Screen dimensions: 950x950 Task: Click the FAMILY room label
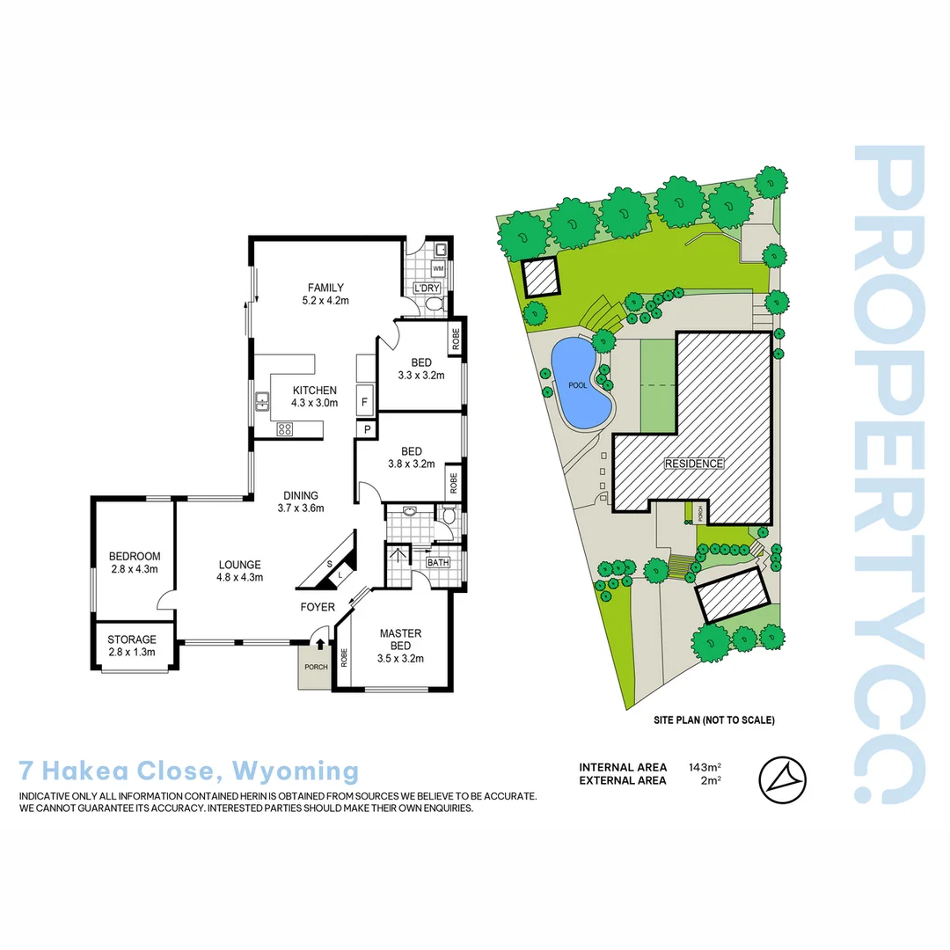pyautogui.click(x=325, y=294)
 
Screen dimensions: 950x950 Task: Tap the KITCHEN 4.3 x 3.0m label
pyautogui.click(x=314, y=397)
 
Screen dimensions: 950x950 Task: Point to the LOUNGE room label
pyautogui.click(x=240, y=571)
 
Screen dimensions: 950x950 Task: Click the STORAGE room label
pyautogui.click(x=132, y=646)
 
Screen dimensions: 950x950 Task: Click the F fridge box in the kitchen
pyautogui.click(x=364, y=401)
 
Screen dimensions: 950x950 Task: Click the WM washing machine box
pyautogui.click(x=437, y=267)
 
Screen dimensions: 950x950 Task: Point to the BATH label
pyautogui.click(x=437, y=563)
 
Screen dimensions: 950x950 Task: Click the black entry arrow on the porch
pyautogui.click(x=318, y=645)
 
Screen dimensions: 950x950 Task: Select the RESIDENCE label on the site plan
pyautogui.click(x=693, y=464)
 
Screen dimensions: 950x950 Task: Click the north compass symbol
pyautogui.click(x=782, y=778)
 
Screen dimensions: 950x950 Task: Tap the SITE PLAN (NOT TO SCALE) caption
pyautogui.click(x=713, y=720)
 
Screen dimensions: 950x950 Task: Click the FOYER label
pyautogui.click(x=317, y=607)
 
